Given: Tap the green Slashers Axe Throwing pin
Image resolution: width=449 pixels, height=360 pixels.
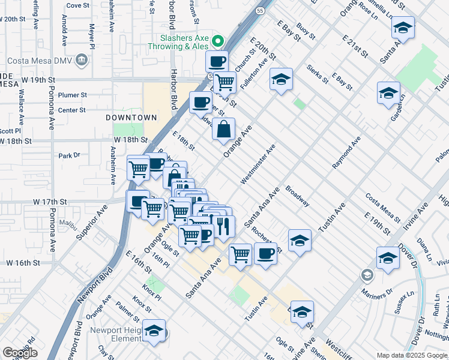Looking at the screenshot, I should (218, 42).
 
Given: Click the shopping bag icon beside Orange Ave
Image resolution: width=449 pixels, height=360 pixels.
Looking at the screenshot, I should (223, 128).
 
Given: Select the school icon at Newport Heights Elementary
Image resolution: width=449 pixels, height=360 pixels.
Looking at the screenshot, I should (155, 332).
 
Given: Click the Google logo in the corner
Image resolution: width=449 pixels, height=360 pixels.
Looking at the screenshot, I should (20, 353).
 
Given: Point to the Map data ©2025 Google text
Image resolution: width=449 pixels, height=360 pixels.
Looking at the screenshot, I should (411, 355).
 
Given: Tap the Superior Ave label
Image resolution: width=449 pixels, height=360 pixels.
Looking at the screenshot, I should (91, 224).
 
